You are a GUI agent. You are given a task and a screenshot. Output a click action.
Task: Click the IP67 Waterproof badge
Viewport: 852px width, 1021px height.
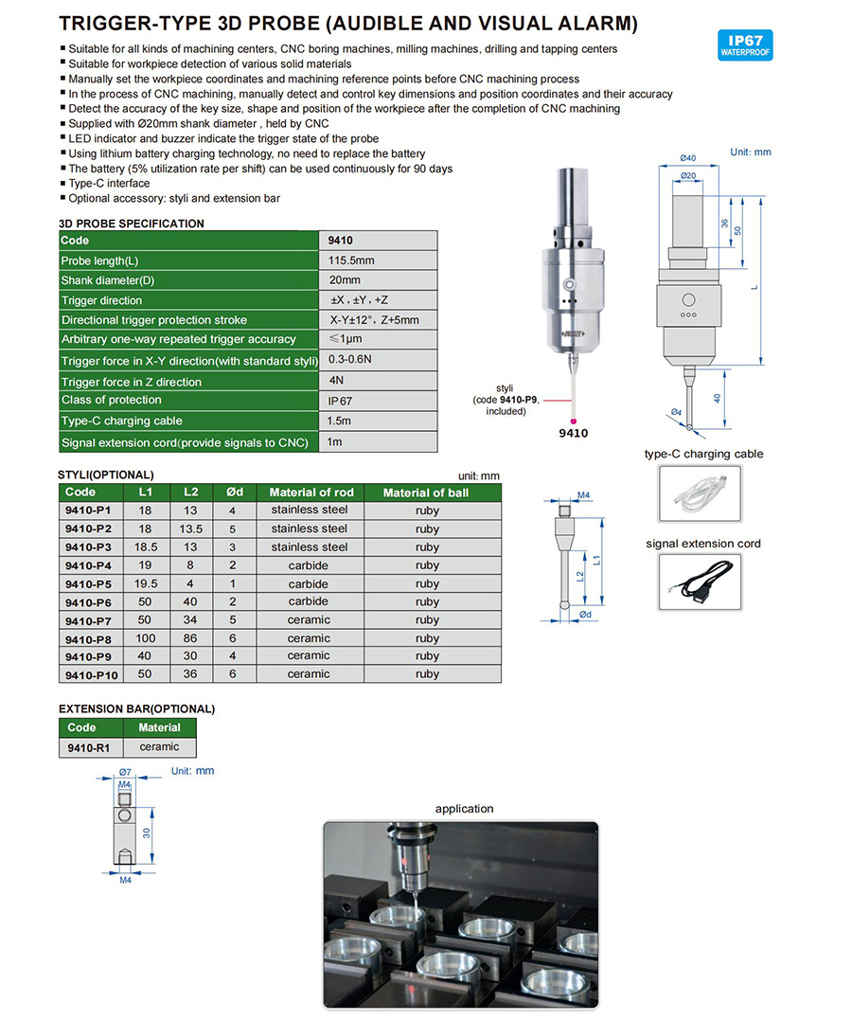(x=745, y=45)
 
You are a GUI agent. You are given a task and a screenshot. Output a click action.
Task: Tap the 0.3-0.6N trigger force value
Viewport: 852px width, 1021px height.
(x=350, y=360)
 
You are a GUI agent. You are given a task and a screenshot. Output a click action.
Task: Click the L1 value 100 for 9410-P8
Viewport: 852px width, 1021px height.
(x=145, y=638)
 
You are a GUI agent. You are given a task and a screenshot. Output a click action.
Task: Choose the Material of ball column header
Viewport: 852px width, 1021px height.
(x=425, y=493)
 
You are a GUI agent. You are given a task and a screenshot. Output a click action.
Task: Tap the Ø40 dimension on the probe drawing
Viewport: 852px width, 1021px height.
(x=688, y=157)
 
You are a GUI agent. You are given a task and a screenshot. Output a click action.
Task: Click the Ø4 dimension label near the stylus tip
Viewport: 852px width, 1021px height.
(x=676, y=412)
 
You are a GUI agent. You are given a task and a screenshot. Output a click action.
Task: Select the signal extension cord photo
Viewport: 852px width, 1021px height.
(x=699, y=582)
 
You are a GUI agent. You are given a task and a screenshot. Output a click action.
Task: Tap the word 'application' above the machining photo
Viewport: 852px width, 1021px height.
(x=464, y=809)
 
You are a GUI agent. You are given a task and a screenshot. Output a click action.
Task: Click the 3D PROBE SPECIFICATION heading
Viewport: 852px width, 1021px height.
(x=131, y=224)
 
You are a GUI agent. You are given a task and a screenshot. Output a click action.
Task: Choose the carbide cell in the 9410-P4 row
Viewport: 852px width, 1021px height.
(x=309, y=565)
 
